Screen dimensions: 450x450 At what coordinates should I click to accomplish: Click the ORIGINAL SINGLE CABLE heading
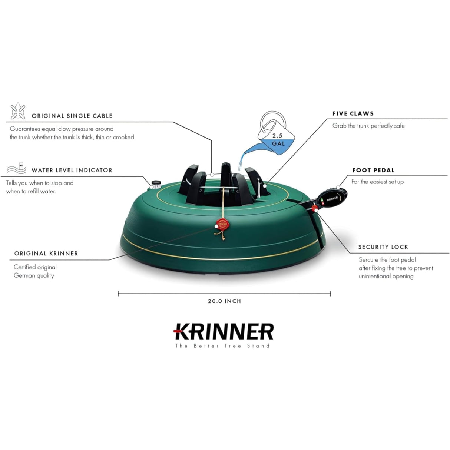[72, 116]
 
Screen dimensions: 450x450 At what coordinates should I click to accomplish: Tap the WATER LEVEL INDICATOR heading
[72, 170]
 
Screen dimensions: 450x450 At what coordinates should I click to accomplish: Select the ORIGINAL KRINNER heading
[46, 254]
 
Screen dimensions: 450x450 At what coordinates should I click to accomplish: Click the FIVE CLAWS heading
[353, 113]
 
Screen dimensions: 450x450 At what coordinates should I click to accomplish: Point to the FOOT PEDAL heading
[373, 170]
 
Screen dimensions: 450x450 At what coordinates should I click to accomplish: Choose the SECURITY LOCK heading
[383, 247]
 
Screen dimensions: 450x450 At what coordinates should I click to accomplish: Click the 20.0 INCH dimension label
[224, 301]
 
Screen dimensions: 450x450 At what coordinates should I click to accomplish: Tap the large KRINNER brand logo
[224, 331]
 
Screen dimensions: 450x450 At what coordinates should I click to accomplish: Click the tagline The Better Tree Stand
[222, 346]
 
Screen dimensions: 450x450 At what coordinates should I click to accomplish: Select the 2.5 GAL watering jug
[277, 133]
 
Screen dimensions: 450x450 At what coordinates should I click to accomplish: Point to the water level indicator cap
[156, 183]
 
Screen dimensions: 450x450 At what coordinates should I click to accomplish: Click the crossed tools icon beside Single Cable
[18, 111]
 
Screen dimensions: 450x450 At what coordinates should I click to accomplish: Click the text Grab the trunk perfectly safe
[368, 126]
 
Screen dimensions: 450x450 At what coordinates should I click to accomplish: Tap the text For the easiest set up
[377, 182]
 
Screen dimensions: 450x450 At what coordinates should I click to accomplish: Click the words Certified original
[35, 267]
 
